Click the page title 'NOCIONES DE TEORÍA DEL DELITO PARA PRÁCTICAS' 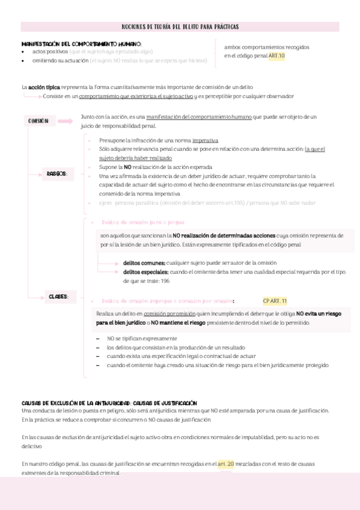(180, 26)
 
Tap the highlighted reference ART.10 (276, 56)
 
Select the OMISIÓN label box (39, 121)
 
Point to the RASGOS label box (56, 174)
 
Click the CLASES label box (58, 296)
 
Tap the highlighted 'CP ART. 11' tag (275, 301)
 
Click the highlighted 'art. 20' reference (226, 464)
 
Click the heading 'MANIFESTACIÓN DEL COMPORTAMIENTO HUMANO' (81, 44)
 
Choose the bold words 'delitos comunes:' (144, 263)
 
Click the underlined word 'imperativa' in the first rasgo (189, 140)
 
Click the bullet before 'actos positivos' (23, 52)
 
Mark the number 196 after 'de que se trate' (165, 281)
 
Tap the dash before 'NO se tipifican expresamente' (99, 339)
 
